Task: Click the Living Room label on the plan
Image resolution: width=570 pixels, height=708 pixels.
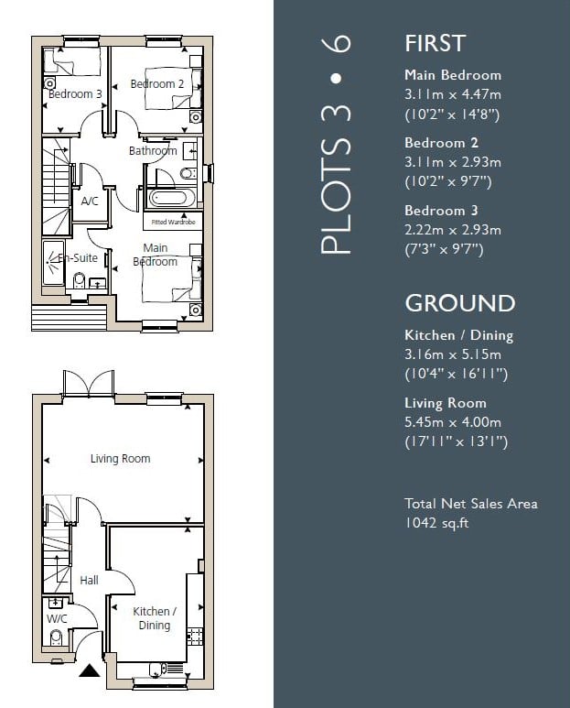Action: tap(121, 459)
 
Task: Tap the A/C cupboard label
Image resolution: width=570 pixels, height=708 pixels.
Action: tap(90, 201)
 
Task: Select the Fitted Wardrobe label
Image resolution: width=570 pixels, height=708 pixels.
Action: tap(173, 223)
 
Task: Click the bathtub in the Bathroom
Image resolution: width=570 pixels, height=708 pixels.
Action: tap(167, 198)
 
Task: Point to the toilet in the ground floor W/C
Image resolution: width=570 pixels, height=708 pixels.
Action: tap(57, 639)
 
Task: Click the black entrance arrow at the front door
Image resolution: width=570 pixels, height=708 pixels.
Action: tap(90, 670)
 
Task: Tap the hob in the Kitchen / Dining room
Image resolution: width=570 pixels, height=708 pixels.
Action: tap(194, 637)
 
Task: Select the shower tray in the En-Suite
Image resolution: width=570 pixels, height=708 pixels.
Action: tap(54, 263)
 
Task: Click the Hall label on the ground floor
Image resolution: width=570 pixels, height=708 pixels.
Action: tap(89, 580)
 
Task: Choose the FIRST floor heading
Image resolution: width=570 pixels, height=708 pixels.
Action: tap(436, 43)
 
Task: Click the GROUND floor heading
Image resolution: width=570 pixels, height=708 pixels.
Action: tap(460, 303)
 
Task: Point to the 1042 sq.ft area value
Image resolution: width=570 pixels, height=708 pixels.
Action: tap(436, 523)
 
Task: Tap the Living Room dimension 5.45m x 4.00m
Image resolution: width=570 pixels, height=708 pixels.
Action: tap(453, 422)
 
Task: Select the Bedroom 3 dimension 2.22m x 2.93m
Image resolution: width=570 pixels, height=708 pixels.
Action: tap(453, 230)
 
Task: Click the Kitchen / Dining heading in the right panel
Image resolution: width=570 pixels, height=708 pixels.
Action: tap(459, 335)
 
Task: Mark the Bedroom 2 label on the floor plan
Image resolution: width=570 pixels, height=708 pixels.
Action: tap(157, 84)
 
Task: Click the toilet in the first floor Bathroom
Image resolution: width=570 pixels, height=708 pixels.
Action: tap(188, 172)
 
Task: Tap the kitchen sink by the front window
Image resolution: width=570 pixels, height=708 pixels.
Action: tap(157, 670)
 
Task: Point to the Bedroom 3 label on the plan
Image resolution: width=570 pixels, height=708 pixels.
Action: tap(75, 94)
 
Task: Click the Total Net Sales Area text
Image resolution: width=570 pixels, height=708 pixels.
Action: tap(471, 504)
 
